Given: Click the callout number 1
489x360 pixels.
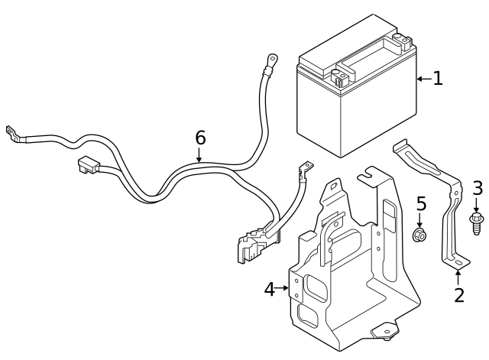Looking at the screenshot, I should pyautogui.click(x=438, y=78).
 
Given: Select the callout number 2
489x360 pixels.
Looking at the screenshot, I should pyautogui.click(x=458, y=295).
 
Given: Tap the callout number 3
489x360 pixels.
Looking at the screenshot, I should pyautogui.click(x=478, y=187).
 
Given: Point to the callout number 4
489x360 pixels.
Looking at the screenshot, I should pyautogui.click(x=269, y=289).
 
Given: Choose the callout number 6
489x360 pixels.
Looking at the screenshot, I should pyautogui.click(x=200, y=138).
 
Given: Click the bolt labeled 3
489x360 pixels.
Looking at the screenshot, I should pyautogui.click(x=477, y=222).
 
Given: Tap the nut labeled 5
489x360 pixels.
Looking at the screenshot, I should pyautogui.click(x=419, y=235).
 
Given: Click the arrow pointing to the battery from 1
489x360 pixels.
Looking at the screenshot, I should pyautogui.click(x=423, y=78).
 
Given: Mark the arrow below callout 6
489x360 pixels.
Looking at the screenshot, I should pyautogui.click(x=199, y=155).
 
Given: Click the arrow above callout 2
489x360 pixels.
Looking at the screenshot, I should pyautogui.click(x=458, y=277).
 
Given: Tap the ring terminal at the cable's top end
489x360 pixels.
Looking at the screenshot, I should pyautogui.click(x=271, y=57).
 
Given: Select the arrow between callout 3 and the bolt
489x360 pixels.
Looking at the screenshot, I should pyautogui.click(x=477, y=204).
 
